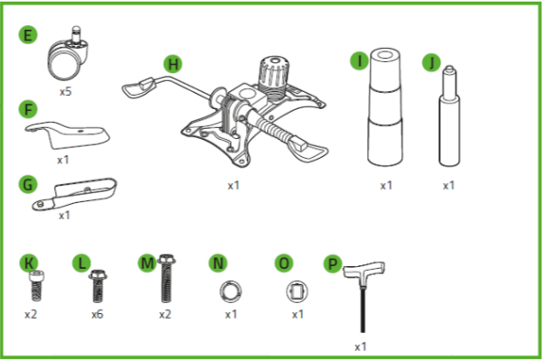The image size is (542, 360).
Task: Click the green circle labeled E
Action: coord(29,36)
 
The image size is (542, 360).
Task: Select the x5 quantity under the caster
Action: coord(67,92)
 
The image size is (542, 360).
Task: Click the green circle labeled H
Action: coord(174,64)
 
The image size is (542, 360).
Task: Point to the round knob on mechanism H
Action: coord(270,71)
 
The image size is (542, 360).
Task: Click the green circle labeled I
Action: coord(360,61)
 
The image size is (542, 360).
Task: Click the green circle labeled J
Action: coord(431,63)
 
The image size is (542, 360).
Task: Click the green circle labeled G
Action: coord(29,184)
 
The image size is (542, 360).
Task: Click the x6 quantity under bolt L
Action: coord(96,315)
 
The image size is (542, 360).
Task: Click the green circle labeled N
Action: coord(217,263)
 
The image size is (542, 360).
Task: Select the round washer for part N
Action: coord(231,290)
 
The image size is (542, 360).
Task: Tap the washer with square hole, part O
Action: coord(298,291)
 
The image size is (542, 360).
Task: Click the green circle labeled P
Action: coord(333,263)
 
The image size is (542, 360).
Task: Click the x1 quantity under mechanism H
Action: coord(234,186)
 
